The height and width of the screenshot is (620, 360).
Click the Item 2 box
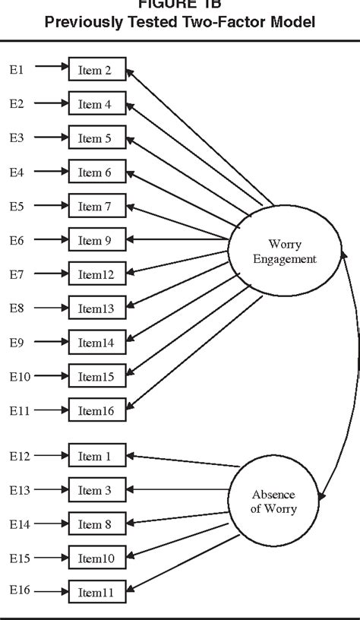(96, 70)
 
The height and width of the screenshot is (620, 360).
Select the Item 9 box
(96, 241)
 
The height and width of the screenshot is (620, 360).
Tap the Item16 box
(96, 410)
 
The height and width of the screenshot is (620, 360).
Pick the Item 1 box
(96, 457)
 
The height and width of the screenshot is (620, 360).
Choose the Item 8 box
(96, 524)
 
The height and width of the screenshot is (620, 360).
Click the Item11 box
(96, 592)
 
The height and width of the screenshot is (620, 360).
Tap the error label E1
(17, 70)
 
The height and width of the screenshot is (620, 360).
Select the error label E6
(17, 241)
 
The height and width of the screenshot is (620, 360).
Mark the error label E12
(19, 457)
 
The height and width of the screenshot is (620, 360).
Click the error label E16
(19, 592)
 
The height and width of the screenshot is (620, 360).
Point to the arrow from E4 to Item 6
(51, 172)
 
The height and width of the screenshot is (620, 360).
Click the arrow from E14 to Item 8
(51, 524)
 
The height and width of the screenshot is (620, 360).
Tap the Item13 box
(96, 308)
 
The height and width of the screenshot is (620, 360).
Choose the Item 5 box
(96, 138)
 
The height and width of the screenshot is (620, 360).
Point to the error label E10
(19, 377)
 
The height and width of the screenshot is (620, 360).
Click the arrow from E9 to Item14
(51, 343)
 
